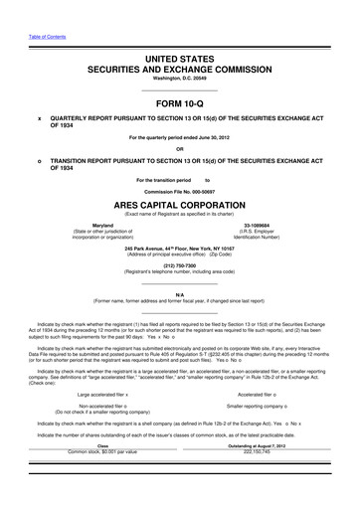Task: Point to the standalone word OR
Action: click(179, 151)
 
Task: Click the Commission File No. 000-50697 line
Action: click(179, 190)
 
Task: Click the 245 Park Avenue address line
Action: click(179, 247)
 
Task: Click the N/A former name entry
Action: click(179, 296)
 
